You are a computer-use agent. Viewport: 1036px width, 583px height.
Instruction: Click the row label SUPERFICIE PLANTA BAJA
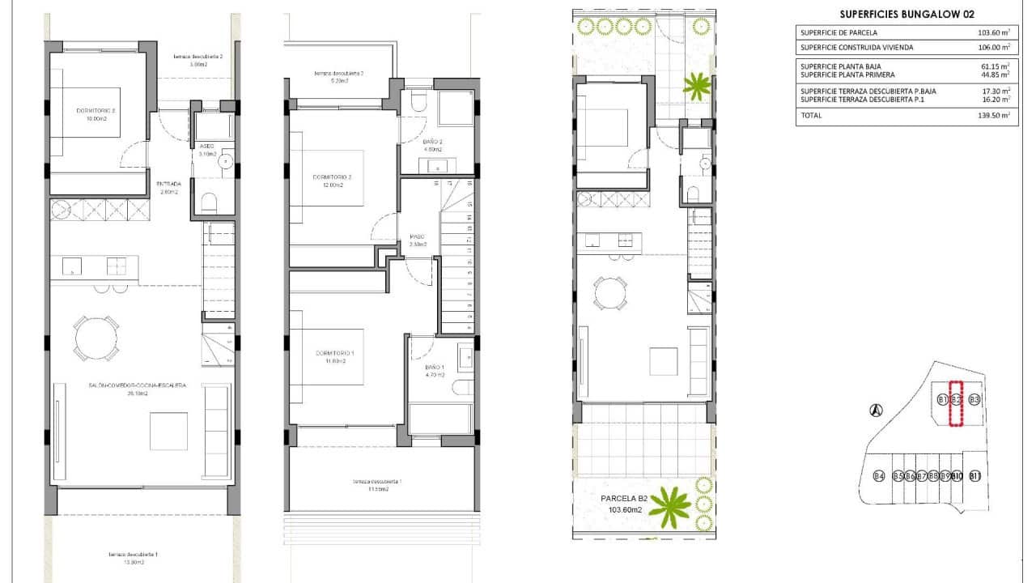[840, 66]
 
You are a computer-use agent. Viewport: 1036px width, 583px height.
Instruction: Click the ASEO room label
[206, 146]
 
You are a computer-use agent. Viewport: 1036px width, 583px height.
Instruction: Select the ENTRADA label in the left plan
[169, 184]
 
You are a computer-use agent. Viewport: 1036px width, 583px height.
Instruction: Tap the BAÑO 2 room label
[432, 142]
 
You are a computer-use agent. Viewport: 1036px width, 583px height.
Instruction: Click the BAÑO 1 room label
[434, 368]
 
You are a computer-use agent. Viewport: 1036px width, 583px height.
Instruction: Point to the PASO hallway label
[418, 237]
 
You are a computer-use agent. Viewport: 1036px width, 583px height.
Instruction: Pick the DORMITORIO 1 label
[335, 354]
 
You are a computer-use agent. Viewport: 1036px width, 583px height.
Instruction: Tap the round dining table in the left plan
[96, 337]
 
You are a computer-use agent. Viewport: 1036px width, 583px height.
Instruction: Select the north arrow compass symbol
[875, 411]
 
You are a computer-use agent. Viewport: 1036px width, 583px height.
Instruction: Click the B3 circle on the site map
[974, 400]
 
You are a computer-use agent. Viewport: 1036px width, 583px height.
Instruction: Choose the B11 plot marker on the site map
[975, 476]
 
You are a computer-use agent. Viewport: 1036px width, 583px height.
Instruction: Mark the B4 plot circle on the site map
[879, 476]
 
